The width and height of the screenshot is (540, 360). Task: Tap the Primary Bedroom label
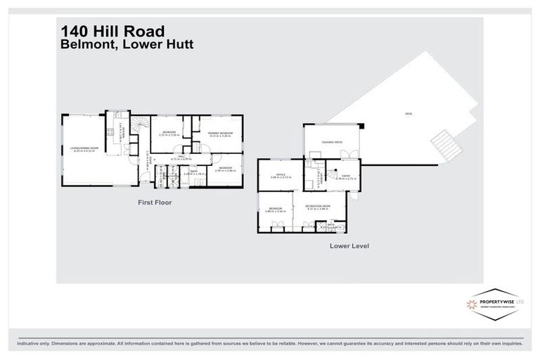pyautogui.click(x=221, y=134)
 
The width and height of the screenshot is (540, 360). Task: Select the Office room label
pyautogui.click(x=280, y=175)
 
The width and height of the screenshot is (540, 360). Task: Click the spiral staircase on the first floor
pyautogui.click(x=141, y=127)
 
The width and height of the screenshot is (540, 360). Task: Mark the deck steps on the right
pyautogui.click(x=446, y=145)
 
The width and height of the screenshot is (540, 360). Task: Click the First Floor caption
pyautogui.click(x=154, y=202)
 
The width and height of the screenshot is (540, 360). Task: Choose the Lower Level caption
pyautogui.click(x=349, y=246)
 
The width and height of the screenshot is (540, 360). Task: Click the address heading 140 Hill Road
pyautogui.click(x=112, y=31)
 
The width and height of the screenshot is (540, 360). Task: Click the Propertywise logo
pyautogui.click(x=496, y=304)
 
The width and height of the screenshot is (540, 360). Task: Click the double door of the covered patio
pyautogui.click(x=353, y=155)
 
